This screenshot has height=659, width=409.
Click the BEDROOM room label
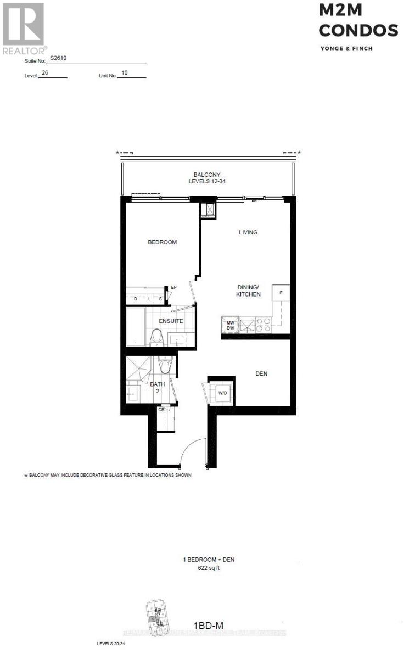162,242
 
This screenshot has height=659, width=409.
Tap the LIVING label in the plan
248,232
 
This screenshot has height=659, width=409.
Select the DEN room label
261,374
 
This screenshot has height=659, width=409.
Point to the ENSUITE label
171,321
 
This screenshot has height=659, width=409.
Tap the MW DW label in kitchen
231,326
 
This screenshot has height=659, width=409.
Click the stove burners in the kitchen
262,325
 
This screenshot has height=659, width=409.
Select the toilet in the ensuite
157,337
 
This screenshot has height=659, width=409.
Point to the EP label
173,287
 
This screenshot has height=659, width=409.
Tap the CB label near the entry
161,409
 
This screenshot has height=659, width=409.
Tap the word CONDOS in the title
358,31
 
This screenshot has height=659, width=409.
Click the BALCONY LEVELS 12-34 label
210,178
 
